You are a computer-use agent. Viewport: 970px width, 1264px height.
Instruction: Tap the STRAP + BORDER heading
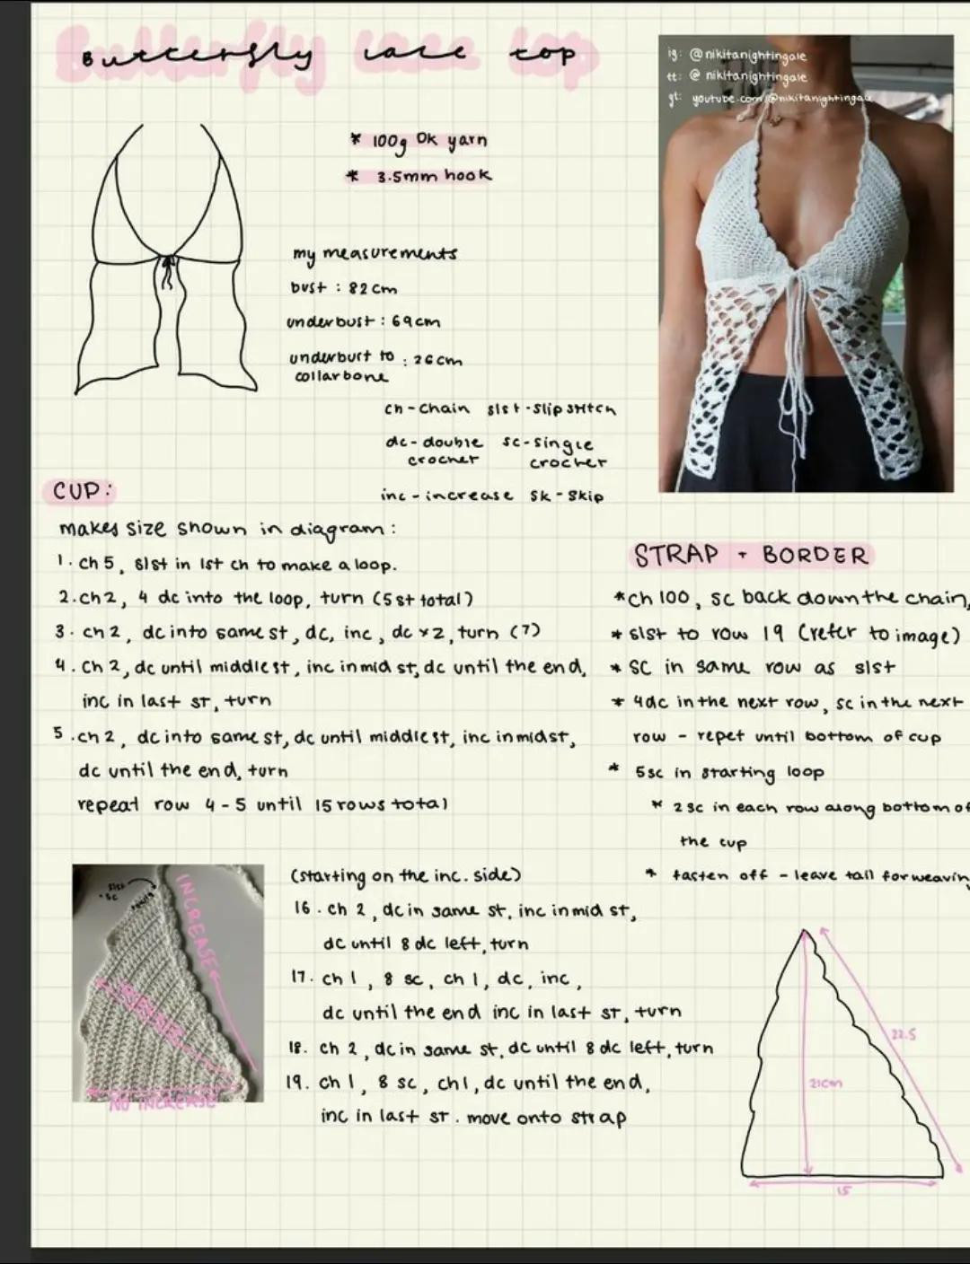pyautogui.click(x=751, y=556)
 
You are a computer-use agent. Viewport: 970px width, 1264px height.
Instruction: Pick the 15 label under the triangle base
pyautogui.click(x=842, y=1191)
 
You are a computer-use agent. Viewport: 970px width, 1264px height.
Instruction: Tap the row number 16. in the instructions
pyautogui.click(x=303, y=908)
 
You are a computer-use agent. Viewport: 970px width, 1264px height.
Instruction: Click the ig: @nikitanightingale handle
pyautogui.click(x=736, y=56)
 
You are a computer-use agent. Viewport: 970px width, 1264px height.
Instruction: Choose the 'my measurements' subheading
pyautogui.click(x=375, y=254)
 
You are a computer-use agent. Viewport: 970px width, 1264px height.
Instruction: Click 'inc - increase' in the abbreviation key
pyautogui.click(x=446, y=496)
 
